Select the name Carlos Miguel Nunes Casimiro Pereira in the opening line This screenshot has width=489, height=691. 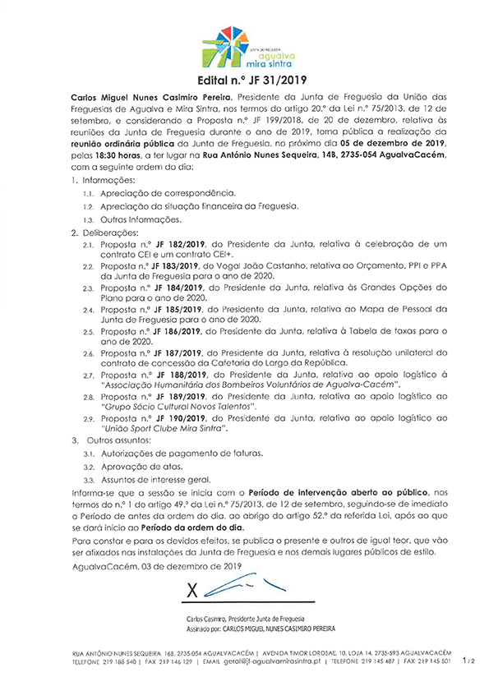(142, 98)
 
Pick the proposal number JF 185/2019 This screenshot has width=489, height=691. (181, 310)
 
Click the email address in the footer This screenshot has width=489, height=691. (274, 660)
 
